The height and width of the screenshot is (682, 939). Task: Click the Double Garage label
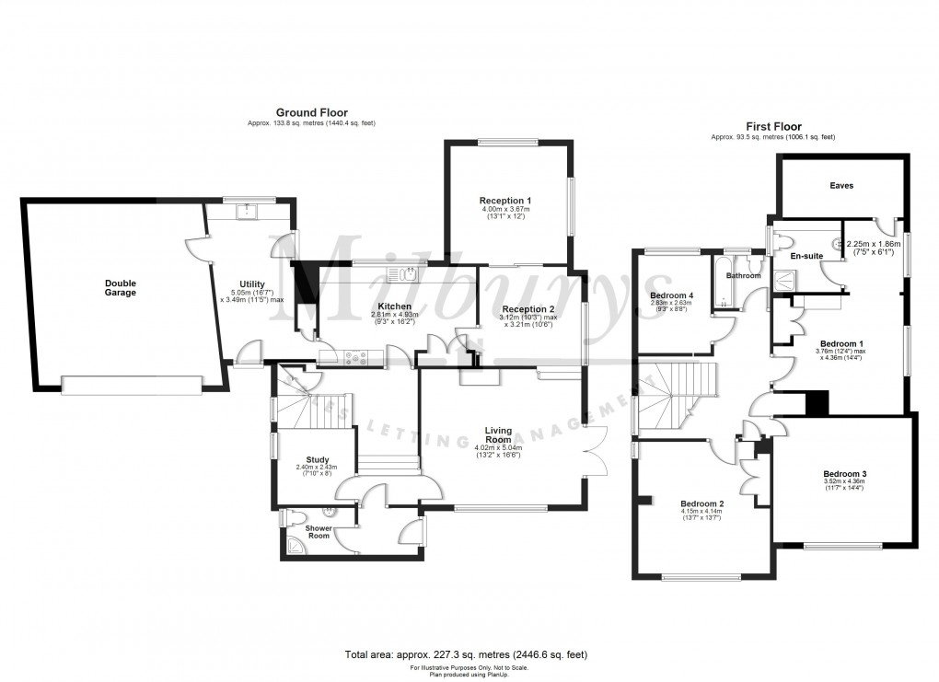pyautogui.click(x=120, y=287)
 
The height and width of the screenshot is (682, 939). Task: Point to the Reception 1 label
pyautogui.click(x=504, y=200)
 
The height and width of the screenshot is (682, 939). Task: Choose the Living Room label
pyautogui.click(x=498, y=434)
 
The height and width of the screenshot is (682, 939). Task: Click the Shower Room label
pyautogui.click(x=319, y=532)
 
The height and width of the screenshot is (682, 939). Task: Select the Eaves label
pyautogui.click(x=840, y=186)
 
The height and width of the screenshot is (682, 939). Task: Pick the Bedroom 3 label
pyautogui.click(x=844, y=475)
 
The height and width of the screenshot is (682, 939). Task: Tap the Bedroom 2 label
pyautogui.click(x=702, y=503)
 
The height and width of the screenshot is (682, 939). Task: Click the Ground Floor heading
pyautogui.click(x=312, y=113)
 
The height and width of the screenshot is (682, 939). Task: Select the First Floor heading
pyautogui.click(x=773, y=127)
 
